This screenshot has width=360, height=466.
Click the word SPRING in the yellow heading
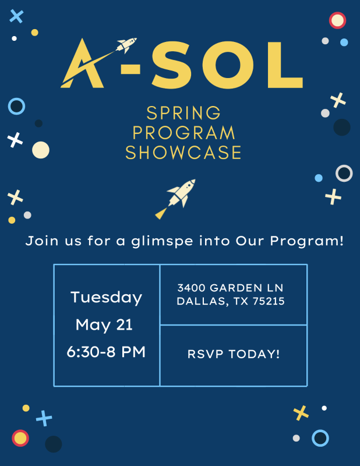click(x=183, y=112)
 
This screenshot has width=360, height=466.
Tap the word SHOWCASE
click(x=183, y=153)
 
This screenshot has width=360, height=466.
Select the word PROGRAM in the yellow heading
click(x=183, y=133)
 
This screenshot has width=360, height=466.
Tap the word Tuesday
click(x=106, y=298)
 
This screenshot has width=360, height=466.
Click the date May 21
click(x=104, y=325)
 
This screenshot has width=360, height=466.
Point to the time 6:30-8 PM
click(x=106, y=352)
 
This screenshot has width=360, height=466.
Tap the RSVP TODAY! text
click(x=234, y=354)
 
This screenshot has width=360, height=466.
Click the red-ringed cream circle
click(x=337, y=20)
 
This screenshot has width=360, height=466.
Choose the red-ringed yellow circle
click(x=20, y=437)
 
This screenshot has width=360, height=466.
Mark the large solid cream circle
click(x=40, y=150)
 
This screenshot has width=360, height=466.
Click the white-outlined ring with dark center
click(x=344, y=173)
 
